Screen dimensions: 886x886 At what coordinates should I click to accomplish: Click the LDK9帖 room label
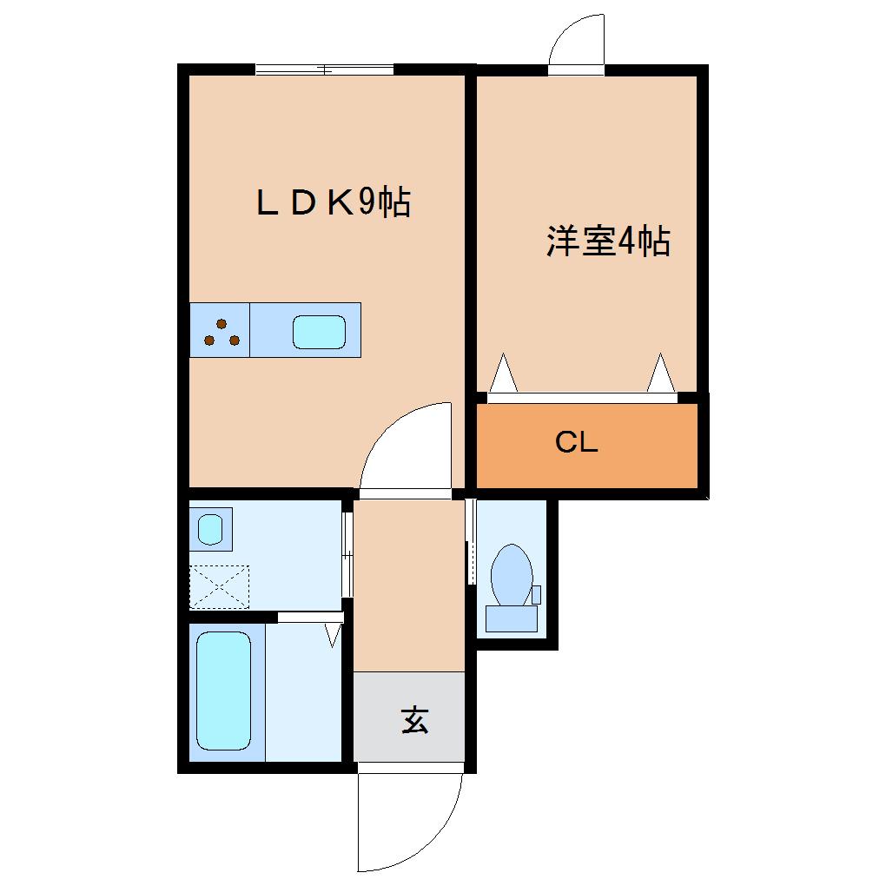point(332,203)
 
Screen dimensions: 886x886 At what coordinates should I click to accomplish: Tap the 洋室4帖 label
point(608,241)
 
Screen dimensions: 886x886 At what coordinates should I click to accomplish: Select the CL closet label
point(577,443)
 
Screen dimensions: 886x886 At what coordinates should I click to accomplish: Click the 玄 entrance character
point(414,720)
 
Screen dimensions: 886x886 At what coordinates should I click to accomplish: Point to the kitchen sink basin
point(319,331)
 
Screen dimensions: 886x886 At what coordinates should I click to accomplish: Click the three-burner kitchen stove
point(221,330)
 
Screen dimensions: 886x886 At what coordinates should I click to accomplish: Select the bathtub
point(223,691)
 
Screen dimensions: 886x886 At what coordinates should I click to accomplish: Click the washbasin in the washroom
point(210,527)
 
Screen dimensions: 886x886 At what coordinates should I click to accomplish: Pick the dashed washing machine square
point(219,587)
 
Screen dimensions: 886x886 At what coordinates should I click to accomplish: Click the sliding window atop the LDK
point(324,69)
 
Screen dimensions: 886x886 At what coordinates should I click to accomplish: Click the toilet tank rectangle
point(511,618)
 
